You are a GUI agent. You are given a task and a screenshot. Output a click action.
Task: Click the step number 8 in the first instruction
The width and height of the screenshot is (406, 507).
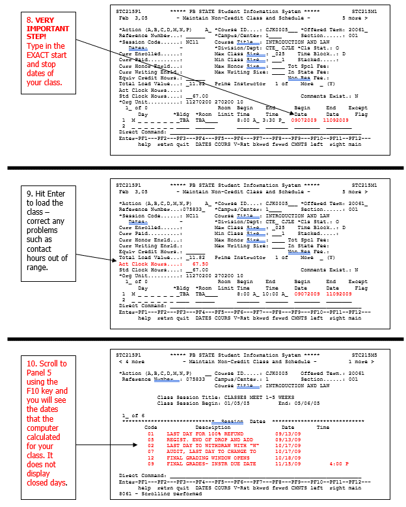(29, 21)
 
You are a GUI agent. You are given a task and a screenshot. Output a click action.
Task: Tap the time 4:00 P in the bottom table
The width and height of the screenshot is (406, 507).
(339, 463)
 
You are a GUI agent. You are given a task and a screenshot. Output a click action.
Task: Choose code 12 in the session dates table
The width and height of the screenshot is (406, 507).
(150, 457)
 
